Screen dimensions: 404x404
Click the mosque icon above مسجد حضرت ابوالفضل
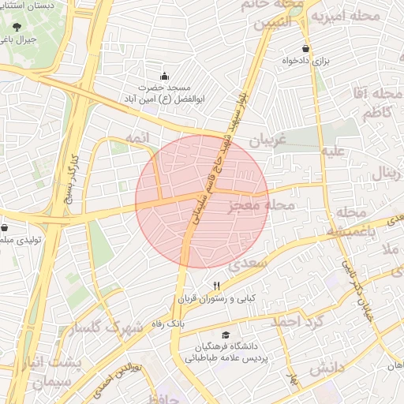coord(164,76)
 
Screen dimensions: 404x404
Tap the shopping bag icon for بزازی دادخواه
coord(305,48)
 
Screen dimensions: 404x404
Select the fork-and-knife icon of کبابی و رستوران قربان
coord(216,286)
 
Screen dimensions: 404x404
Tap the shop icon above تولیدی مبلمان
coord(5,227)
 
